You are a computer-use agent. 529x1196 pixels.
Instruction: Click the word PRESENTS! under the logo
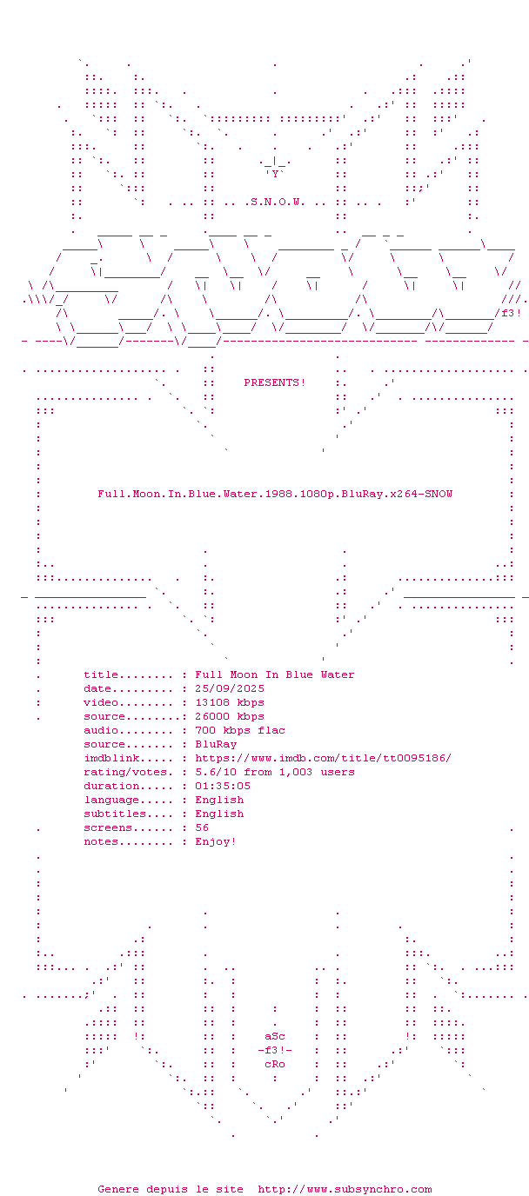pyautogui.click(x=275, y=383)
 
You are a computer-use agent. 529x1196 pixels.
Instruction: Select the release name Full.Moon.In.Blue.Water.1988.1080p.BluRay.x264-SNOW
pyautogui.click(x=275, y=495)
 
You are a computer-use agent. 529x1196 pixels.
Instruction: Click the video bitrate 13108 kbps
pyautogui.click(x=230, y=702)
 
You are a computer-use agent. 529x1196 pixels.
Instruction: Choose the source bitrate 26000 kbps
pyautogui.click(x=230, y=716)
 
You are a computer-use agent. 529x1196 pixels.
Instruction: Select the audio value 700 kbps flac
pyautogui.click(x=240, y=730)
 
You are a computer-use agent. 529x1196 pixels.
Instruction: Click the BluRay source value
pyautogui.click(x=216, y=744)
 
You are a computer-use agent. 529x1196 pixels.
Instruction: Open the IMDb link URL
pyautogui.click(x=323, y=758)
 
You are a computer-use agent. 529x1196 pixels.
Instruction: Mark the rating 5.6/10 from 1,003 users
pyautogui.click(x=275, y=772)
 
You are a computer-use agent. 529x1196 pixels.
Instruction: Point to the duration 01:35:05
pyautogui.click(x=223, y=786)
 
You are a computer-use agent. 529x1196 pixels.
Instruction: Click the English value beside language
pyautogui.click(x=219, y=800)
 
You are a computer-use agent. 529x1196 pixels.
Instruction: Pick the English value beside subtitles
pyautogui.click(x=219, y=814)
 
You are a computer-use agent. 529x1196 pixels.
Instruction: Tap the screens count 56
pyautogui.click(x=202, y=827)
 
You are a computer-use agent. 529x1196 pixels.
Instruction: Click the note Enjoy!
pyautogui.click(x=216, y=841)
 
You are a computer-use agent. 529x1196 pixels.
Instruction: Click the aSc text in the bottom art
pyautogui.click(x=275, y=1037)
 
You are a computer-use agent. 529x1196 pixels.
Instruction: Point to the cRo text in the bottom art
pyautogui.click(x=275, y=1065)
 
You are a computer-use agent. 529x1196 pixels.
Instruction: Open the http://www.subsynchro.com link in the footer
pyautogui.click(x=345, y=1189)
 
